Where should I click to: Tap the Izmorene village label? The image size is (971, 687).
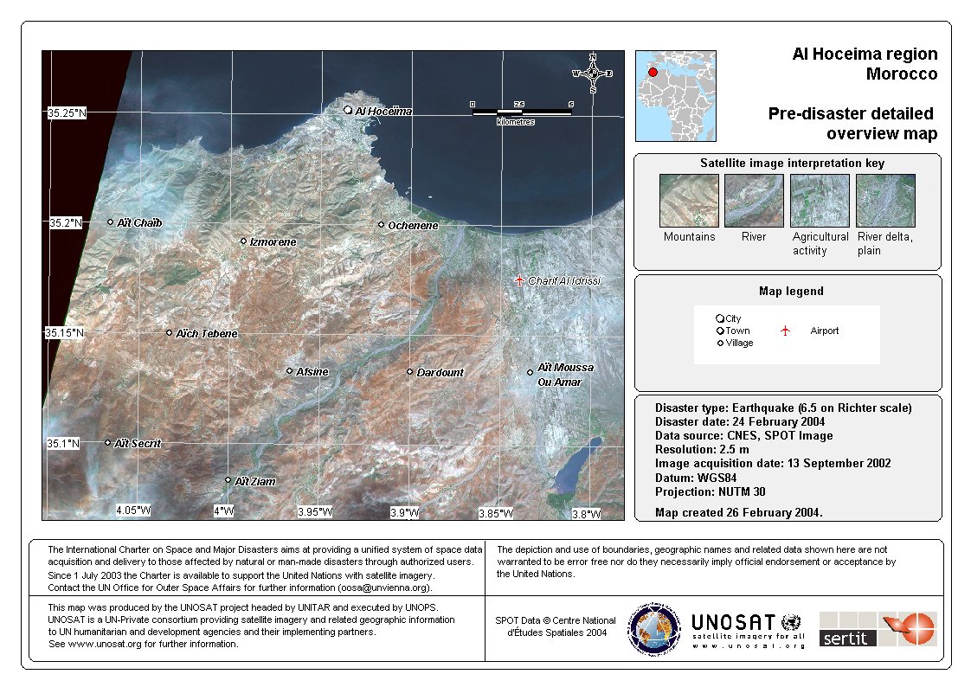coord(273,242)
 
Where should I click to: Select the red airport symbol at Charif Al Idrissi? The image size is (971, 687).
coord(518,280)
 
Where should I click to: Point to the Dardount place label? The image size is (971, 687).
coord(440,373)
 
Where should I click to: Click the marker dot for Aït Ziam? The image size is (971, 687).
coord(228,480)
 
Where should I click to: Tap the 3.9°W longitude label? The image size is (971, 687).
coord(405,513)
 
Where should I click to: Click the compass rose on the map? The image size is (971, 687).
coord(593,74)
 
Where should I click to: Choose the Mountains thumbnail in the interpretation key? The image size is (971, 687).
coord(689,201)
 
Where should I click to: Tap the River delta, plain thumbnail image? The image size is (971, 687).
coord(884,201)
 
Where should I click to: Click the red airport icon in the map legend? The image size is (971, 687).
coord(785,331)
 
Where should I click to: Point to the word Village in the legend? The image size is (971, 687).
coord(739,343)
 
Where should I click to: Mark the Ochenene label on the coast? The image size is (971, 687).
coord(413,226)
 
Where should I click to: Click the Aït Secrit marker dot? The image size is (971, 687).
coord(108,443)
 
